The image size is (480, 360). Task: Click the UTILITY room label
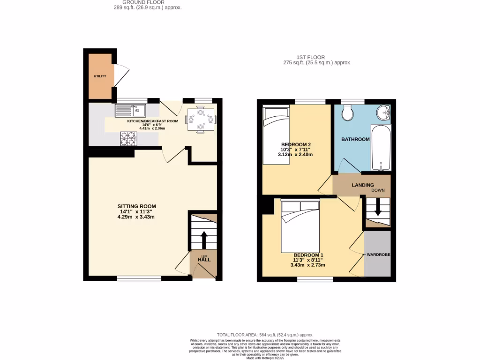click(100, 76)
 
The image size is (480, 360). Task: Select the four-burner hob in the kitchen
click(128, 138)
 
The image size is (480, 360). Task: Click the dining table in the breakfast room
click(201, 120)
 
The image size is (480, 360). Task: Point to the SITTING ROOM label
click(136, 206)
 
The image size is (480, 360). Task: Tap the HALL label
click(204, 260)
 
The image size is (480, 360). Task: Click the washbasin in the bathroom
click(384, 112)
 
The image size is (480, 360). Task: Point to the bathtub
click(381, 147)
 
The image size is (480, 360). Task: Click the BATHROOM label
click(355, 139)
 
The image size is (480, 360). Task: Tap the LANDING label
click(363, 185)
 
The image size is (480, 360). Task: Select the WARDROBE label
click(378, 255)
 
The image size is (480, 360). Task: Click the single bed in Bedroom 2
click(276, 136)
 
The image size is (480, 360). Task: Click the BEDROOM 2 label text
click(295, 144)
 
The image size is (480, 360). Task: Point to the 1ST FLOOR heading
click(317, 57)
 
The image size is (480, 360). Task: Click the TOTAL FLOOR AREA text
click(265, 335)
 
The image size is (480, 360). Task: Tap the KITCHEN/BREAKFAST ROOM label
click(153, 121)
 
